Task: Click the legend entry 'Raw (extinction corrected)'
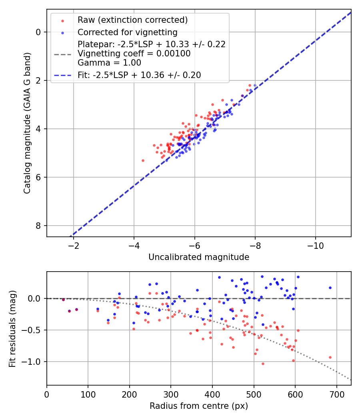pos(132,20)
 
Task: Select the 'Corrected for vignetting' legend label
pos(128,32)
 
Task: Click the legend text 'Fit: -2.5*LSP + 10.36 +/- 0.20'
pos(139,75)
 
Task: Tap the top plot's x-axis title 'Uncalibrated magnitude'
pos(199,257)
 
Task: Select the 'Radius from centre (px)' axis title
pos(199,406)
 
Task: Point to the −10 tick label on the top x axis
pos(316,245)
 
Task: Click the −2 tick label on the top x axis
pos(73,245)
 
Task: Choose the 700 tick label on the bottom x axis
pos(336,394)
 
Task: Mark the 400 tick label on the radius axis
pos(212,394)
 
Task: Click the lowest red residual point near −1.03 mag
pos(263,364)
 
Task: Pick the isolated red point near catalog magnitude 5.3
pos(143,160)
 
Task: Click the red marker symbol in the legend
pos(62,20)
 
